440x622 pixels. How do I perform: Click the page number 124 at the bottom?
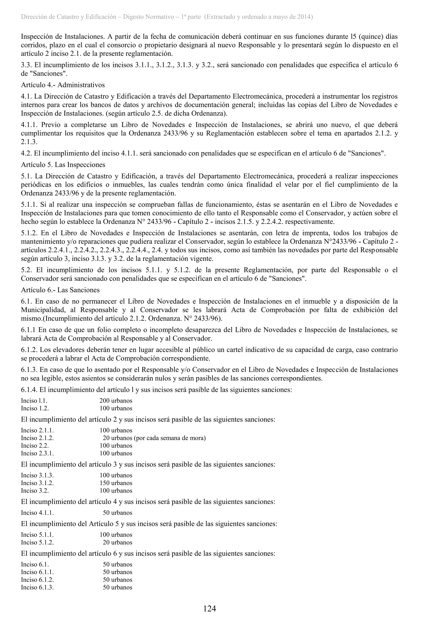pos(209,608)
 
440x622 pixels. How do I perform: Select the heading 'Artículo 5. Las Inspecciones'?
pos(63,165)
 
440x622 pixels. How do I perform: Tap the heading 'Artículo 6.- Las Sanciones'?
pos(60,290)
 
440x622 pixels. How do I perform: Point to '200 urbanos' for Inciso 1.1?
pos(116,400)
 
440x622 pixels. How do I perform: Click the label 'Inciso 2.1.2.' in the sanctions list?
pos(37,438)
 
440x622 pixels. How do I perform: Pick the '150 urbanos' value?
pos(116,483)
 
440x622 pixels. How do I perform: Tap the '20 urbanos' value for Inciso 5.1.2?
pos(117,542)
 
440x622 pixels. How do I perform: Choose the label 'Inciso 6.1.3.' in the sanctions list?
pos(37,587)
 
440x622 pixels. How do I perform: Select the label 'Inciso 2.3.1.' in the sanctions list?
pos(37,453)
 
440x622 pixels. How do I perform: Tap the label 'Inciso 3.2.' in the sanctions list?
pos(35,490)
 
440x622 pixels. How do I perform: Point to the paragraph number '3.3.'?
pos(27,65)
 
